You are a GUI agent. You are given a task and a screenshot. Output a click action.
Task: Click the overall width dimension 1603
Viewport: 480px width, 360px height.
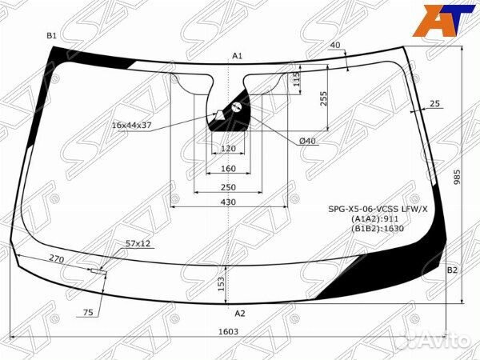(x=228, y=331)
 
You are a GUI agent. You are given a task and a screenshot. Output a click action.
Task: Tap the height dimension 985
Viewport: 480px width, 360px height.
(x=457, y=177)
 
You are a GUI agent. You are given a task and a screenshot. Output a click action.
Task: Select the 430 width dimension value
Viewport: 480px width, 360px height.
(x=228, y=202)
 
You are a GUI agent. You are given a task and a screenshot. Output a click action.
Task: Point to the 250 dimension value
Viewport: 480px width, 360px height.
(x=228, y=187)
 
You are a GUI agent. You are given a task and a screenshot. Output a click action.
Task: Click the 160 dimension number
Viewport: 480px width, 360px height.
(x=228, y=168)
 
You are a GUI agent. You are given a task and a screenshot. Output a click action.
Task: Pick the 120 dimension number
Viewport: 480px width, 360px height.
(x=228, y=149)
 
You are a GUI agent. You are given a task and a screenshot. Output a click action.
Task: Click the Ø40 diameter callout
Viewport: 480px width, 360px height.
(x=307, y=141)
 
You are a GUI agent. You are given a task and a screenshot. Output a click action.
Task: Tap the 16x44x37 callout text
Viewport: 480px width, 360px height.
(x=132, y=126)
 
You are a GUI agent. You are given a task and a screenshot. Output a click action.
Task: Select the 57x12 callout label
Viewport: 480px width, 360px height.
(x=138, y=243)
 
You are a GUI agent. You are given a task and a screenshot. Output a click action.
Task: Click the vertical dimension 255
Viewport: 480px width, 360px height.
(x=323, y=98)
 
